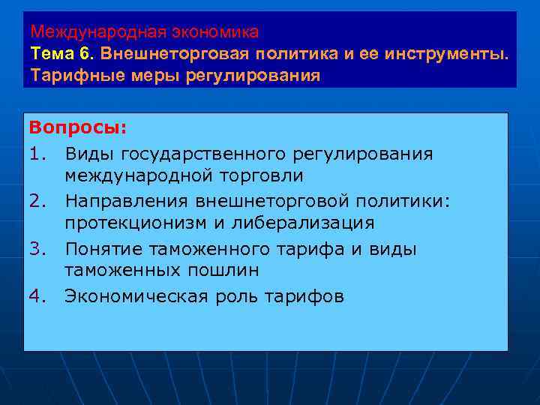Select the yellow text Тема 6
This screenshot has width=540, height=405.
coord(62,55)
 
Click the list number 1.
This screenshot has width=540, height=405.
coord(38,154)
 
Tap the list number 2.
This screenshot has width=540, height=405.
coord(38,200)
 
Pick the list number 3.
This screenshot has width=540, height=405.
coord(38,249)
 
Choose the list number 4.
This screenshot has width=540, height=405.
coord(38,296)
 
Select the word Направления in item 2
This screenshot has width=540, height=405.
coord(127,200)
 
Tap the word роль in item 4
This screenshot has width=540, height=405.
coord(236,296)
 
